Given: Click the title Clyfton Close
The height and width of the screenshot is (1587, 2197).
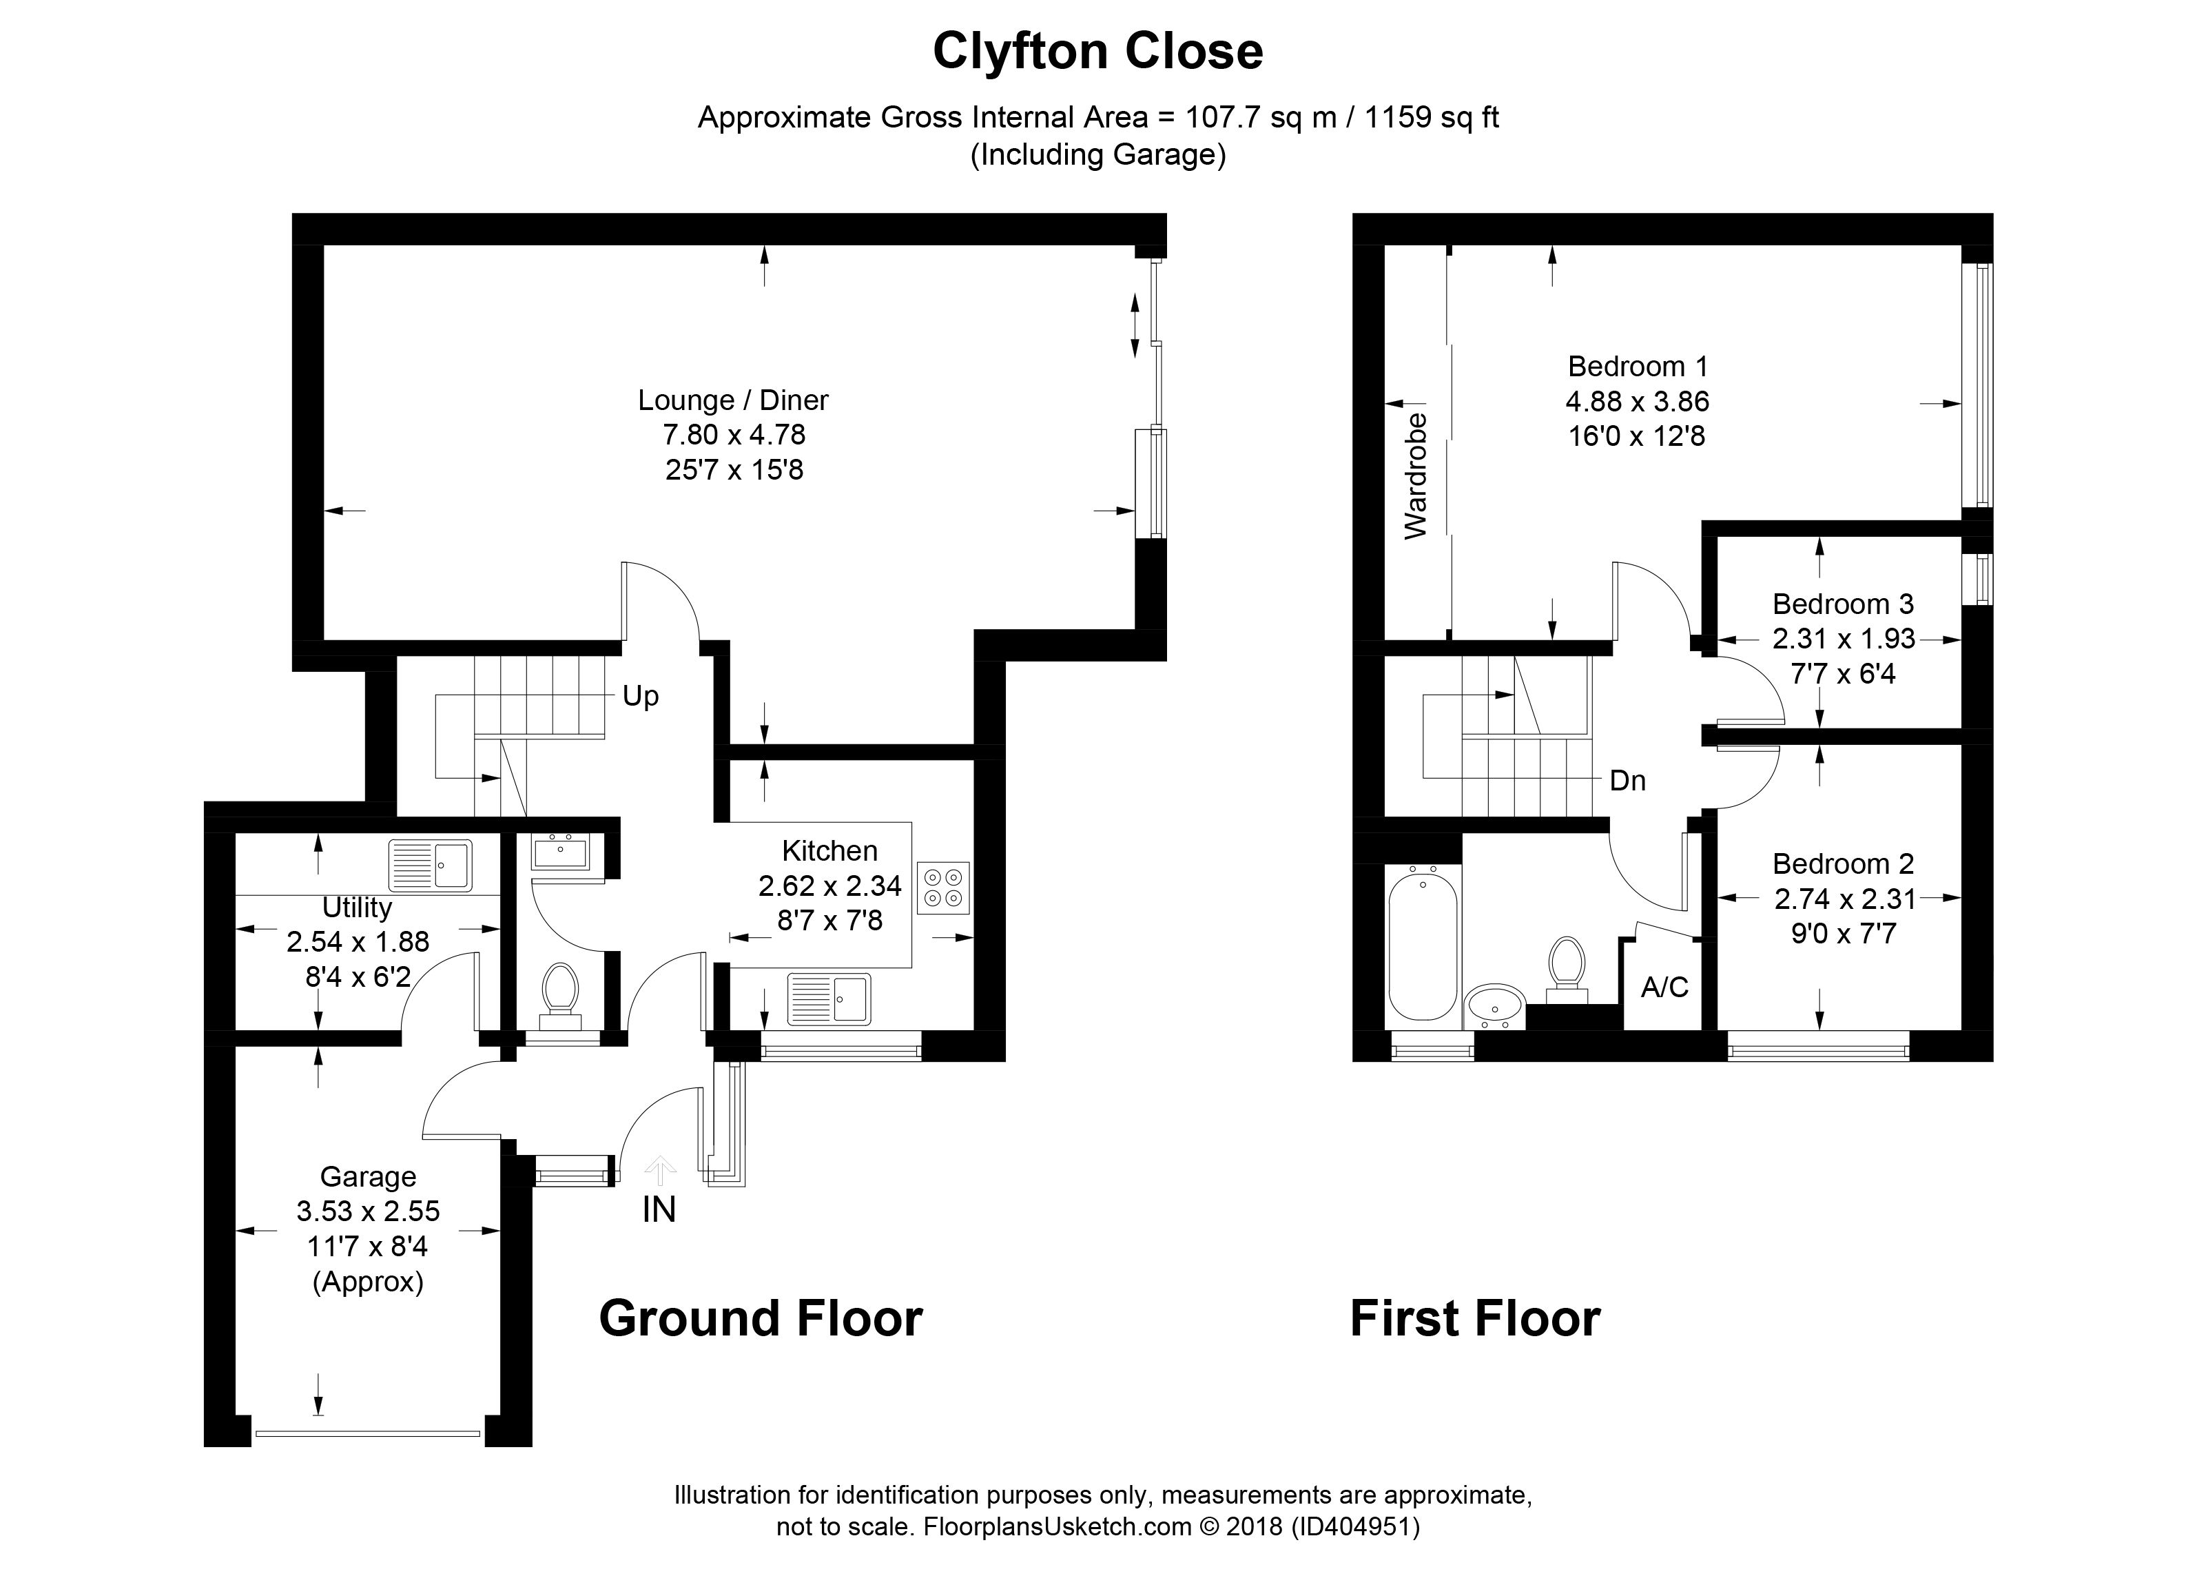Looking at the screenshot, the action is click(x=1097, y=52).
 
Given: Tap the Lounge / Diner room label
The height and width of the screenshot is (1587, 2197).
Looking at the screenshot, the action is click(x=733, y=400).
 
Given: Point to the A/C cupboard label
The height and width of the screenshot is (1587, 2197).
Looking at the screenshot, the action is click(x=1664, y=987).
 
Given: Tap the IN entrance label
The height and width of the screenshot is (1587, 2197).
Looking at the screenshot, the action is click(x=659, y=1210).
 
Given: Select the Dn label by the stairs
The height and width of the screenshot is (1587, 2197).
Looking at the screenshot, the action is click(x=1627, y=781).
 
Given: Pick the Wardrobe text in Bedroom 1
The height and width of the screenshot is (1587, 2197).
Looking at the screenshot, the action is click(x=1416, y=475).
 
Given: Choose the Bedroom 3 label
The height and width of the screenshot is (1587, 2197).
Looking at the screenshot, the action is click(x=1844, y=604).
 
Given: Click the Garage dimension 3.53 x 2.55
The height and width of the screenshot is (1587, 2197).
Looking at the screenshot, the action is click(x=368, y=1211).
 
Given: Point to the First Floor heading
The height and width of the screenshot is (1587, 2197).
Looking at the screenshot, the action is click(x=1475, y=1319).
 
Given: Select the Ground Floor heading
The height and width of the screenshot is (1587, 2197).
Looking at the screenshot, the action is click(x=761, y=1319).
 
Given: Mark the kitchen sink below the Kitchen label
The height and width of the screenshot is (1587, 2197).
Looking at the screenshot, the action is click(x=829, y=999).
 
